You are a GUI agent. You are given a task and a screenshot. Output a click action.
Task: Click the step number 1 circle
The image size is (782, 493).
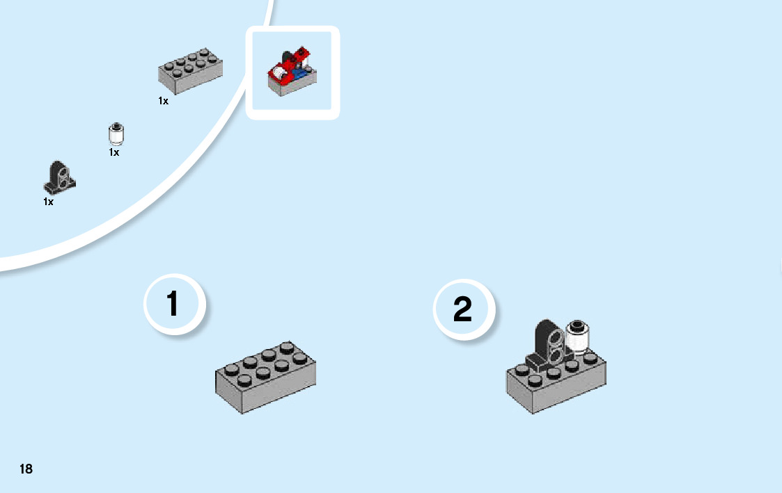173,305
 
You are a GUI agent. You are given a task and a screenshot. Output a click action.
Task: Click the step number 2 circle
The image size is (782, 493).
462,309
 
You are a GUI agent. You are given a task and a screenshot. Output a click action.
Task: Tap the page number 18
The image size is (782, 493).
26,469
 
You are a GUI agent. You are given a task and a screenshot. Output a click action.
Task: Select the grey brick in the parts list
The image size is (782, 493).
191,71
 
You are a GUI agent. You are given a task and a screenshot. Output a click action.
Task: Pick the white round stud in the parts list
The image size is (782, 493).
116,134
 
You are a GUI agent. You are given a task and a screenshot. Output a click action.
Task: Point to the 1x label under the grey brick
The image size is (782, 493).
163,101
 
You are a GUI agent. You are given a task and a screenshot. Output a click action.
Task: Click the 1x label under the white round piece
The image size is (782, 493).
114,152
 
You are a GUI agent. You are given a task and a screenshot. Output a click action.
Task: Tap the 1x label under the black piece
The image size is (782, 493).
48,202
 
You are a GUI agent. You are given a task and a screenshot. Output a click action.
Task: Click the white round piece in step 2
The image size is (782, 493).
577,337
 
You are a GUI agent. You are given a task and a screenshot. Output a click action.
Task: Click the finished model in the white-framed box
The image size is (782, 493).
292,72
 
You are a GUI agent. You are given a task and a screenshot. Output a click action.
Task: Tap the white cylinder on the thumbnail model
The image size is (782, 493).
280,72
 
